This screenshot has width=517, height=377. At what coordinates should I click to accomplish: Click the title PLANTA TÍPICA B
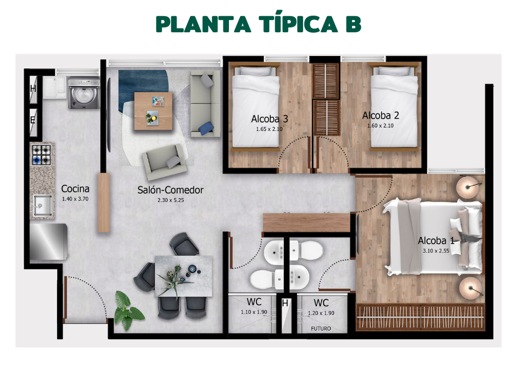(x=258, y=24)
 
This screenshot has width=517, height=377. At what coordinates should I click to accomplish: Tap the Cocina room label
(x=75, y=188)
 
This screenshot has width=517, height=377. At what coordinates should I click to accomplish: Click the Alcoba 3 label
(x=269, y=119)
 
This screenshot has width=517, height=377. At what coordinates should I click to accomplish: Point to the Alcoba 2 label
(x=380, y=115)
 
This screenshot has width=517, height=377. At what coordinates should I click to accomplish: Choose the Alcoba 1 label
(x=436, y=241)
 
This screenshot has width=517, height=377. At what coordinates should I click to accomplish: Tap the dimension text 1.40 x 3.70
(x=75, y=199)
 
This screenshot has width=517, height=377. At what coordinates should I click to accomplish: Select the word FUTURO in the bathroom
(x=321, y=329)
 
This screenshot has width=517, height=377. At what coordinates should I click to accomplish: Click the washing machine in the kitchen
(x=83, y=94)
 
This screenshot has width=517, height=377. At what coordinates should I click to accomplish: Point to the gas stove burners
(x=41, y=154)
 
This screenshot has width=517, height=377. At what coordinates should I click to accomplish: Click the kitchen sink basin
(x=41, y=205)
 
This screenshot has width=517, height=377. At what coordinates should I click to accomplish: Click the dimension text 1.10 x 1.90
(x=254, y=312)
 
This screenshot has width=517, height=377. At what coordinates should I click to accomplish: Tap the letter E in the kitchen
(x=33, y=120)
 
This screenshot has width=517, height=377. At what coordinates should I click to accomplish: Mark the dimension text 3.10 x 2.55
(x=436, y=250)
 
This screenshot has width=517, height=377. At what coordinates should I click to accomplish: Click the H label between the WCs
(x=285, y=304)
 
